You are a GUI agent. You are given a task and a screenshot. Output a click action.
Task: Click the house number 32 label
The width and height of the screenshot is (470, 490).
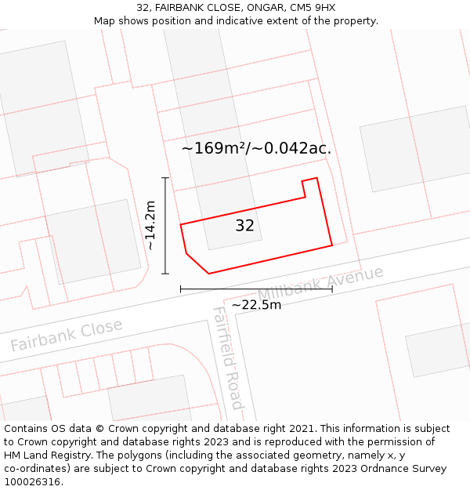pyautogui.click(x=244, y=226)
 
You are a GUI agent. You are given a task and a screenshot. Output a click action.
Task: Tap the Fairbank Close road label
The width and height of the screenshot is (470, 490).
pyautogui.click(x=67, y=335)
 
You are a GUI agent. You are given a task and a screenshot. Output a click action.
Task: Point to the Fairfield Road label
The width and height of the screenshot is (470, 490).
pyautogui.click(x=227, y=358)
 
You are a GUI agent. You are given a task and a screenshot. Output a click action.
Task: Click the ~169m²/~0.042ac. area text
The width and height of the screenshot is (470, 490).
pyautogui.click(x=256, y=148)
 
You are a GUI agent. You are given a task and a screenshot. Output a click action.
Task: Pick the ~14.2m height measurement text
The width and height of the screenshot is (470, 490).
pyautogui.click(x=150, y=225)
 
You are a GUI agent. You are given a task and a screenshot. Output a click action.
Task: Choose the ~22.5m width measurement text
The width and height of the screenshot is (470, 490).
pyautogui.click(x=256, y=304)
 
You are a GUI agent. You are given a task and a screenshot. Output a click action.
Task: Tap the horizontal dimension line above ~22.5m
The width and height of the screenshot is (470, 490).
pyautogui.click(x=256, y=289)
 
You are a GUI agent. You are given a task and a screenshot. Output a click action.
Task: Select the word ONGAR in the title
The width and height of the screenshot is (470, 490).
pyautogui.click(x=264, y=8)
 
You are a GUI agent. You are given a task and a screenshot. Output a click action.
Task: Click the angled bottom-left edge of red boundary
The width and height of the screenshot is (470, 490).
pyautogui.click(x=197, y=263)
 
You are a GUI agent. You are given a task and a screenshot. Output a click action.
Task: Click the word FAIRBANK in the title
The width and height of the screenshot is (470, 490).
pyautogui.click(x=182, y=8)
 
